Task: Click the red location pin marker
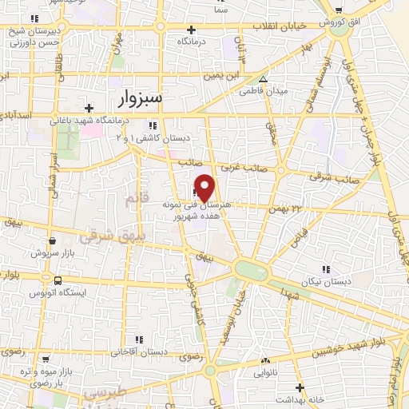point(205,188)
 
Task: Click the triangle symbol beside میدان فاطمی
point(264,79)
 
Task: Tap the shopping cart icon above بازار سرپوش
point(52,239)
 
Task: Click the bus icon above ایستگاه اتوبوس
point(58,280)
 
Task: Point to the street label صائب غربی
point(240,167)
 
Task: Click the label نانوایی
point(268,372)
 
